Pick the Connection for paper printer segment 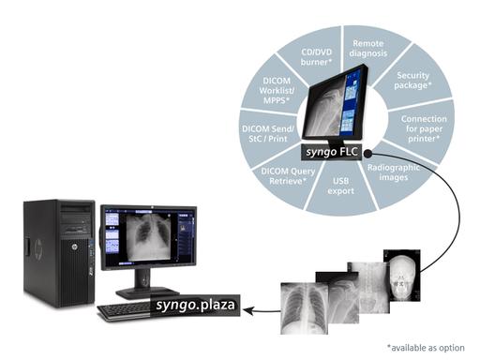pyautogui.click(x=424, y=125)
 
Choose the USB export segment pyautogui.click(x=344, y=179)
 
